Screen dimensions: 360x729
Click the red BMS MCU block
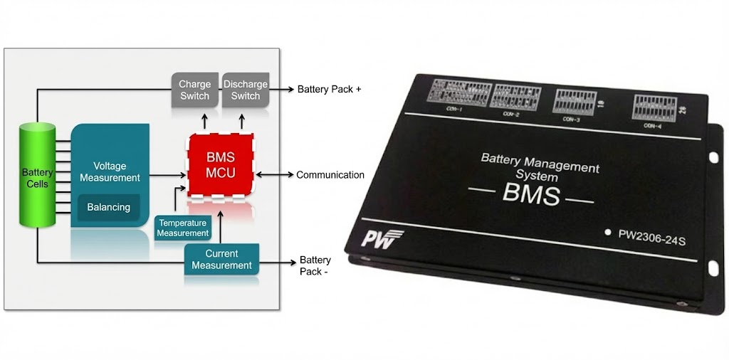pos(220,165)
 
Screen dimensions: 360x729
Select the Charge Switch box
pos(194,90)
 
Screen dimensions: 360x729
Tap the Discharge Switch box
pos(246,90)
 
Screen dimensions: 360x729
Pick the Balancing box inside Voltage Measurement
pos(109,207)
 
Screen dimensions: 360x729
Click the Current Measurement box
pos(221,260)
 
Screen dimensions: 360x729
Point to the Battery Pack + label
pos(329,90)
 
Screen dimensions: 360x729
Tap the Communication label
pos(330,175)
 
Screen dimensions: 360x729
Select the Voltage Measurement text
pos(110,171)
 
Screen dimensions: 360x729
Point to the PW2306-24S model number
pos(651,235)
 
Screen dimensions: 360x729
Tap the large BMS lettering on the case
pos(530,195)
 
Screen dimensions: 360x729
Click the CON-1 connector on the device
pos(456,94)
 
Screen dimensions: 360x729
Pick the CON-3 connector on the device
pos(575,103)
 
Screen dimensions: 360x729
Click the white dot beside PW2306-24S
pos(607,231)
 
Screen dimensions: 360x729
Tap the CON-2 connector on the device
pos(515,97)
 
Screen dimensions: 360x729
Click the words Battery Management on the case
pos(540,163)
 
